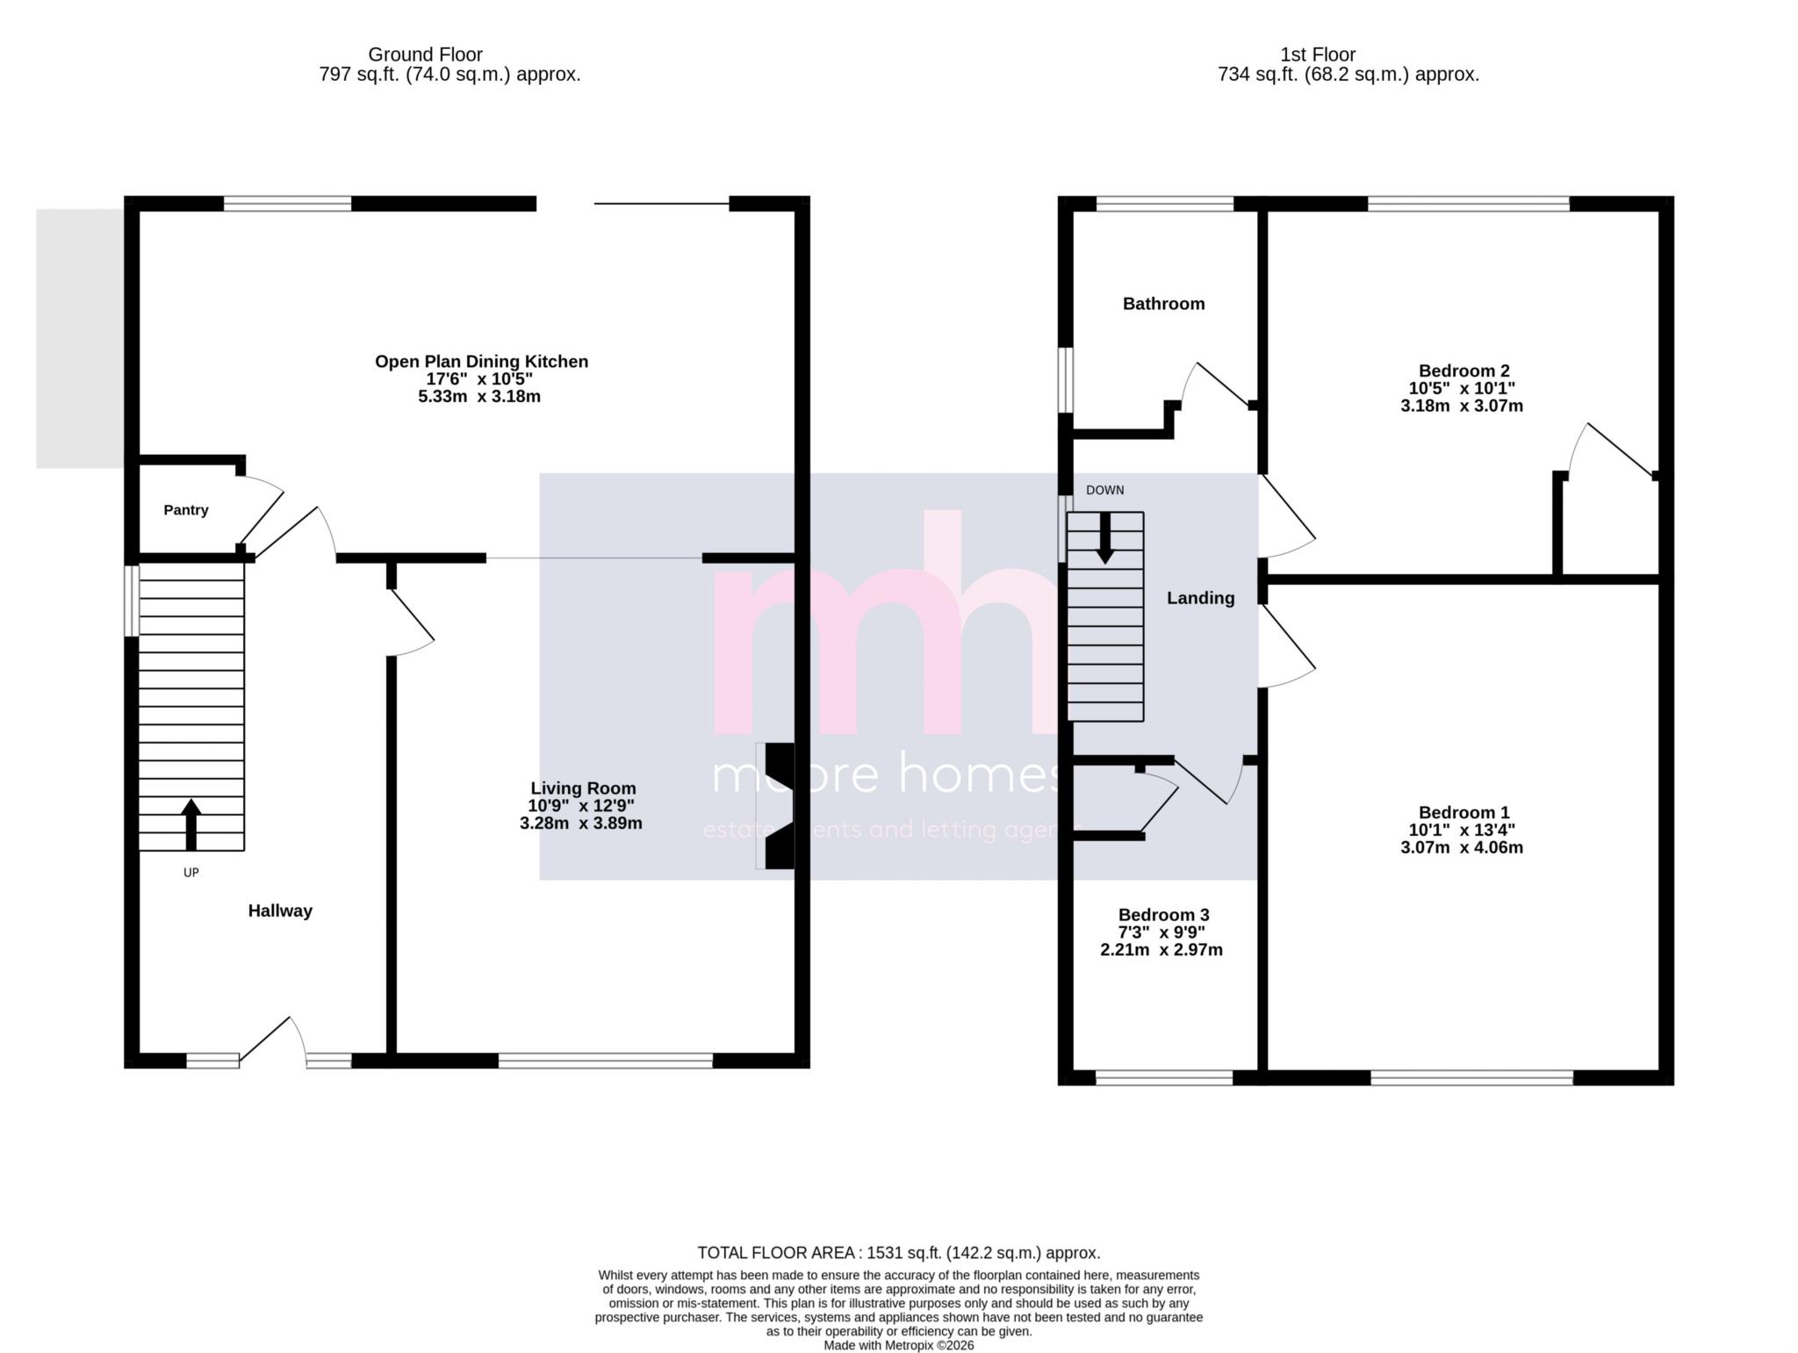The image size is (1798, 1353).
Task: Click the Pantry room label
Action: pos(185,510)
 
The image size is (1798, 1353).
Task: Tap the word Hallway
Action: pos(280,910)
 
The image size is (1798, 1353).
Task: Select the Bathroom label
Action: pos(1163,304)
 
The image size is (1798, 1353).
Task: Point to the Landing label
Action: pos(1200,598)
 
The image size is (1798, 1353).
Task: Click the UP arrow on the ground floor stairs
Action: pos(191,824)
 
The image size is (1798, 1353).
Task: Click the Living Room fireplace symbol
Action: pos(778,806)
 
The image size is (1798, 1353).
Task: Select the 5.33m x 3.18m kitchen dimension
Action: pos(479,397)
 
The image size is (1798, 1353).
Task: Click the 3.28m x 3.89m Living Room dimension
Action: pos(580,824)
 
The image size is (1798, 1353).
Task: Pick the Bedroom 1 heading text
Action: pos(1464,812)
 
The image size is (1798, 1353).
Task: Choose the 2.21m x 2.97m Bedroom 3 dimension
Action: pos(1161,950)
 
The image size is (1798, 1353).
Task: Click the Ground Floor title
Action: pos(425,54)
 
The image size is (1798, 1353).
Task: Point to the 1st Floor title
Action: pos(1317,54)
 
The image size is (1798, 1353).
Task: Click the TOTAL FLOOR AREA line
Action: pos(898,1253)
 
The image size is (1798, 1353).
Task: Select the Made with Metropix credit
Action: pos(898,1345)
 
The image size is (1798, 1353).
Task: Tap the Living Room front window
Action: pos(606,1061)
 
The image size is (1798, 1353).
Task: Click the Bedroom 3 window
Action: pos(1164,1077)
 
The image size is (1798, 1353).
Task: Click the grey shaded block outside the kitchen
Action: pos(79,338)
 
